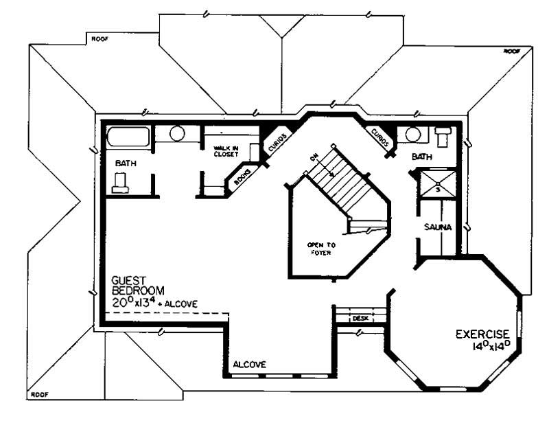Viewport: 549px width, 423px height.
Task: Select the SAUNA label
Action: pos(436,227)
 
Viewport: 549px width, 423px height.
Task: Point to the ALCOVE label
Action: pos(249,364)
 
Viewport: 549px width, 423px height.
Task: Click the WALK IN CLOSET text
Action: pos(225,150)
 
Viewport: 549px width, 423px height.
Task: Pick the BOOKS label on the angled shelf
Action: pos(241,177)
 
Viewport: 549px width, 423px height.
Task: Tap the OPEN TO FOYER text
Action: pos(320,249)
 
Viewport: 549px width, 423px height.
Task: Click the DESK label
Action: pos(361,319)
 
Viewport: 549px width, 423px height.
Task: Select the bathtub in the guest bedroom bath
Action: pos(128,136)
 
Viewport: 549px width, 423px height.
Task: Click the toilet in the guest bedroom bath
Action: pos(121,183)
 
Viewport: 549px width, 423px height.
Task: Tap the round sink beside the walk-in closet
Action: pos(176,133)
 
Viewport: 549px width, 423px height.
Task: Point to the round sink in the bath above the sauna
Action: pos(413,133)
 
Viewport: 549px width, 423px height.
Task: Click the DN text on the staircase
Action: pos(314,159)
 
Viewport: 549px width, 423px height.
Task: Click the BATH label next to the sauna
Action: pos(421,157)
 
